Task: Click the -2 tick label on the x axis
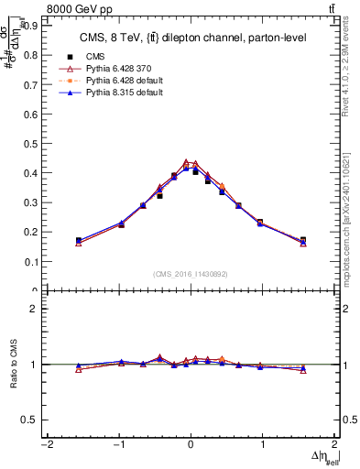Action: [x=46, y=446]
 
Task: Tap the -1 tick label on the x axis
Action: [x=118, y=446]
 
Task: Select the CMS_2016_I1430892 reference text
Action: [x=190, y=274]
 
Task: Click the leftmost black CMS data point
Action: [x=79, y=241]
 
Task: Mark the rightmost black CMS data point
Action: [x=303, y=240]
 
